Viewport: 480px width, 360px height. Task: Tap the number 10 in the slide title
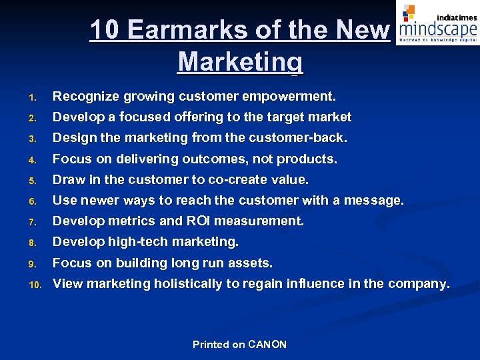coord(105,30)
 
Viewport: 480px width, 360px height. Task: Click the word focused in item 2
coord(145,117)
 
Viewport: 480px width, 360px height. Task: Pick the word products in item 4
coord(306,159)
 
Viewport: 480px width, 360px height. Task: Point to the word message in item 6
coord(376,200)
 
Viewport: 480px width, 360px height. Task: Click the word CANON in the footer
coord(267,345)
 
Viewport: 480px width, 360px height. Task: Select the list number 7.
coord(31,221)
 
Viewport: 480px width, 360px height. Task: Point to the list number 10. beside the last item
coord(34,284)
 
